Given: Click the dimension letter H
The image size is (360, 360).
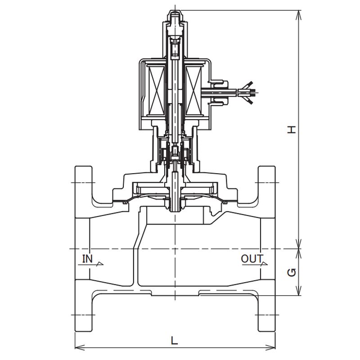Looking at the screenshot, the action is tap(292, 130).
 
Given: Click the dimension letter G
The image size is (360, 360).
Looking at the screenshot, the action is tap(292, 273).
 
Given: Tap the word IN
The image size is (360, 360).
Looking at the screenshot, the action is tap(87, 259).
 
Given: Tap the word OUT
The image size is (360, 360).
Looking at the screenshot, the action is tap(252, 259).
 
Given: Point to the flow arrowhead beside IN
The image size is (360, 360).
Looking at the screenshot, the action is tap(99, 264).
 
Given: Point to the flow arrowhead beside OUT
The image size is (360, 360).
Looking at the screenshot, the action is tap(264, 264).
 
